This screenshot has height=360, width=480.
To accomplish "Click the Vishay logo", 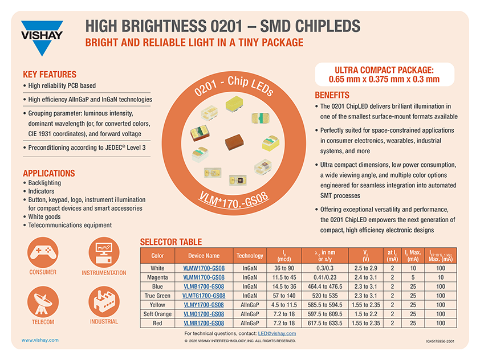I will pyautogui.click(x=42, y=37).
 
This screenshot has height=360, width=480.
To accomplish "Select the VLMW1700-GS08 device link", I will pyautogui.click(x=204, y=268).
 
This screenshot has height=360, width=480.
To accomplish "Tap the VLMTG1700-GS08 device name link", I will pyautogui.click(x=204, y=296).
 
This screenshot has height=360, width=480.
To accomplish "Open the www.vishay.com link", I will pyautogui.click(x=39, y=340).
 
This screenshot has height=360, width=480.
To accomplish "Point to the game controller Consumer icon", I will pyautogui.click(x=43, y=251).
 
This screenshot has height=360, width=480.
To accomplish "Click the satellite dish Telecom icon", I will pyautogui.click(x=43, y=302).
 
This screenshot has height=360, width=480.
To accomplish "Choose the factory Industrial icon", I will pyautogui.click(x=104, y=302).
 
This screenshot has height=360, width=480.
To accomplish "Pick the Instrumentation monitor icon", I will pyautogui.click(x=104, y=251).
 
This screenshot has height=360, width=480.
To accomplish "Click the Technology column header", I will pyautogui.click(x=250, y=256).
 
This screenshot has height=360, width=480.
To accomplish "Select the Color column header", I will pyautogui.click(x=157, y=256).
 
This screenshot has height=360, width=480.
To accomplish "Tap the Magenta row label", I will pyautogui.click(x=157, y=277).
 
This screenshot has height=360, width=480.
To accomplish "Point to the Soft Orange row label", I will pyautogui.click(x=157, y=314).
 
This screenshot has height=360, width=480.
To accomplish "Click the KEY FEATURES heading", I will pyautogui.click(x=49, y=75).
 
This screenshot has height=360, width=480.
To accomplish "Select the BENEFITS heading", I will pyautogui.click(x=332, y=95).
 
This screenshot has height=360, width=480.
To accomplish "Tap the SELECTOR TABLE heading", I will pyautogui.click(x=170, y=242).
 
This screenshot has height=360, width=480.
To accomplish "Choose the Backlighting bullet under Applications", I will pyautogui.click(x=44, y=182).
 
